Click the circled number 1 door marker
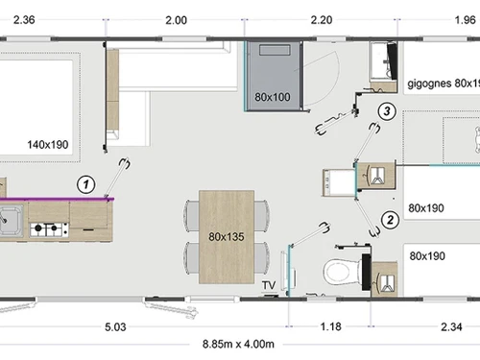(x=85, y=184)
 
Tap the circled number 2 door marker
(x=390, y=220)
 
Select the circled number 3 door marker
(x=387, y=111)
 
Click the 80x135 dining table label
(x=227, y=237)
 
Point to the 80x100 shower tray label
(x=273, y=97)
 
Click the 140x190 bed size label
(x=48, y=145)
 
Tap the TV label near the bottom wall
(x=269, y=285)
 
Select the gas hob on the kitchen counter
(x=49, y=229)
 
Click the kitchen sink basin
(x=11, y=221)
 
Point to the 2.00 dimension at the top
(x=176, y=20)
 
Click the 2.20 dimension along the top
(x=322, y=20)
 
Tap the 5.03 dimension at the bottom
(x=115, y=327)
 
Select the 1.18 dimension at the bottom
(x=330, y=326)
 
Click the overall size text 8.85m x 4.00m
(x=238, y=345)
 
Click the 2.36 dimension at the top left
(x=24, y=20)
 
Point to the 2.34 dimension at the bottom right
(x=451, y=327)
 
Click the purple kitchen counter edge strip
(x=57, y=199)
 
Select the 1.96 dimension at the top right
(x=466, y=20)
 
